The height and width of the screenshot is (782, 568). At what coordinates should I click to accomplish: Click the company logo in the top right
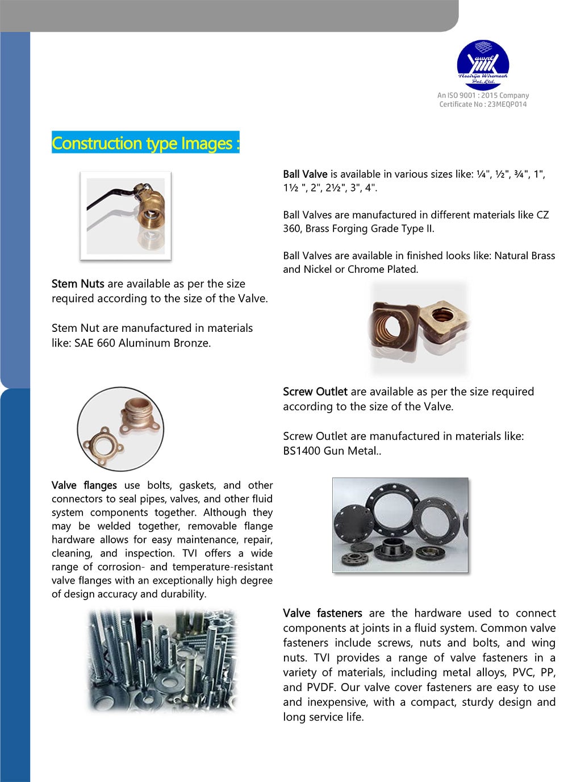(483, 64)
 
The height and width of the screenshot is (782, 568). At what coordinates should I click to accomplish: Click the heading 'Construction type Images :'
(145, 143)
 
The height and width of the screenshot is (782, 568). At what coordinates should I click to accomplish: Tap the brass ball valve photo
(126, 216)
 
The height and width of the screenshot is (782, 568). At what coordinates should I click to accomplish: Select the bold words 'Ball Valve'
(305, 174)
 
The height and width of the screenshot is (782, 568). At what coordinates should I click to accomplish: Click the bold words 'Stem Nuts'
(78, 284)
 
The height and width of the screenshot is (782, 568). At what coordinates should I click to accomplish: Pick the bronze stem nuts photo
(419, 328)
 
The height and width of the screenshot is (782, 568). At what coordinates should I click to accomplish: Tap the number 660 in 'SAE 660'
(106, 343)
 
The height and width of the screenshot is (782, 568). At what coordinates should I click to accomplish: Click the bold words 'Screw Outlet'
(315, 392)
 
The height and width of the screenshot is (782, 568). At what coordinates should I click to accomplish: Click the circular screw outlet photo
(120, 429)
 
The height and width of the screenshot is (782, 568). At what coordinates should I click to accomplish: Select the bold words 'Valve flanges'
(84, 485)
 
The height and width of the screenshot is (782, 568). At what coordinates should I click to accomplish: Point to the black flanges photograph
(400, 525)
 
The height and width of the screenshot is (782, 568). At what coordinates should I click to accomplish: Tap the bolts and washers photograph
(162, 660)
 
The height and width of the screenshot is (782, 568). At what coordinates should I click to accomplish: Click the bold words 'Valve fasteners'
(322, 613)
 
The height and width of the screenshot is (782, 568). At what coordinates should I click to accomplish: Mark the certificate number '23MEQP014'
(507, 105)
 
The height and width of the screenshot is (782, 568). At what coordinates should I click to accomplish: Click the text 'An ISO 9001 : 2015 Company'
(483, 95)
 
